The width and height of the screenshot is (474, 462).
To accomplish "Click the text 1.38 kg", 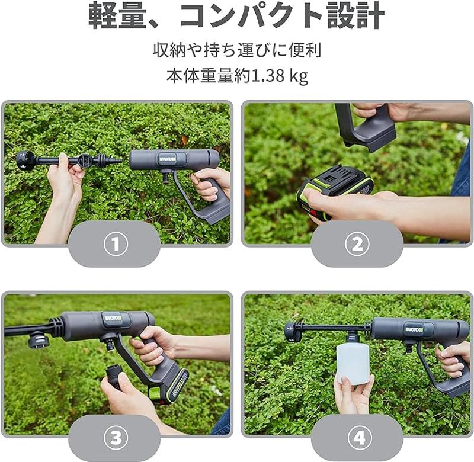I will pyautogui.click(x=278, y=77).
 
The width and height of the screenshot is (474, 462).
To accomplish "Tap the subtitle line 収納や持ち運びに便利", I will pyautogui.click(x=236, y=50).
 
